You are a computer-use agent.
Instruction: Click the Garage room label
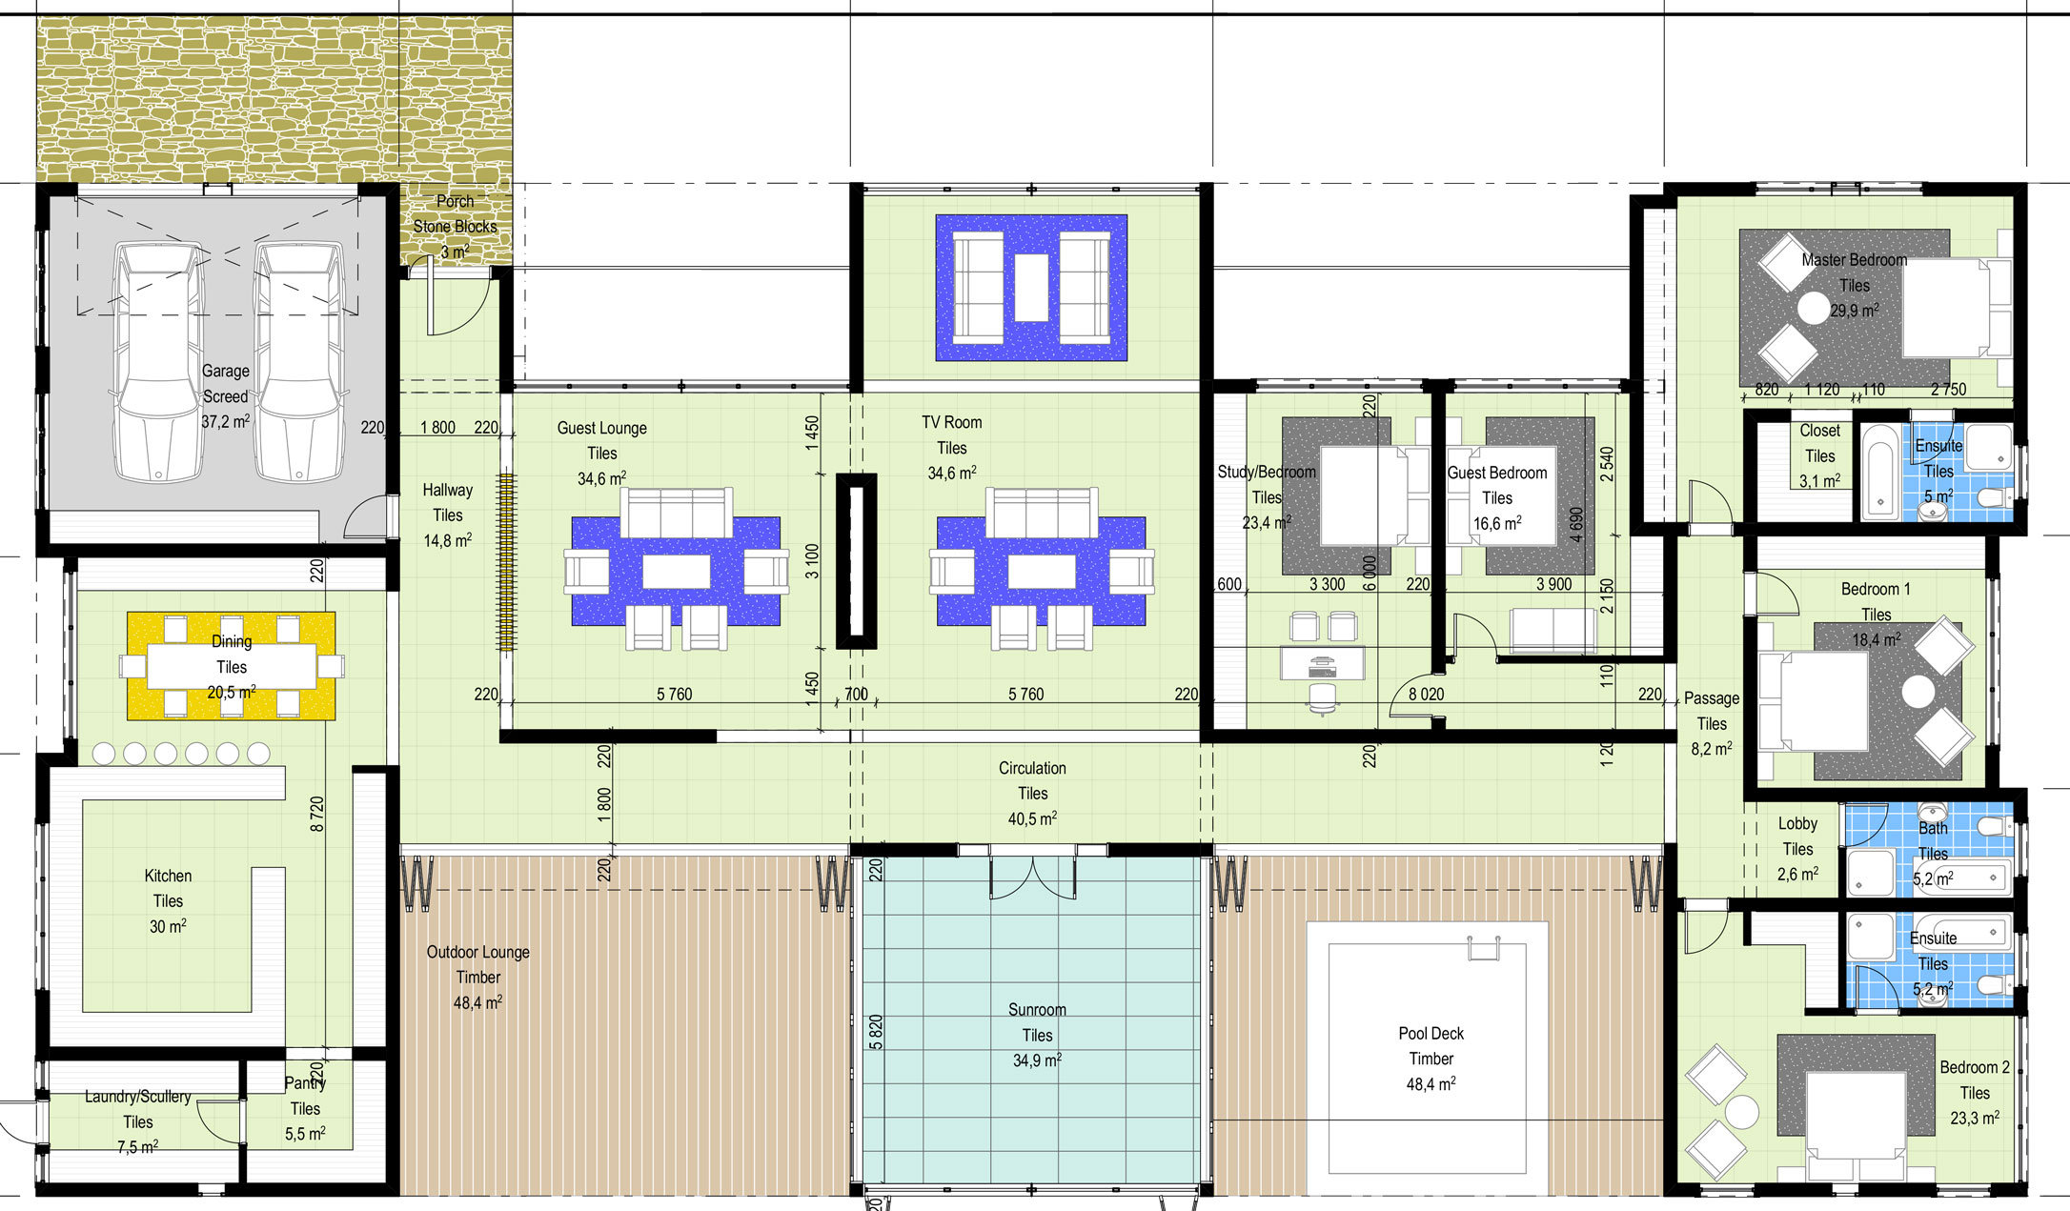[226, 371]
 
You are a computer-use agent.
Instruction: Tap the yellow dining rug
[232, 665]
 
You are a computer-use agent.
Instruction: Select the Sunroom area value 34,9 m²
[1037, 1060]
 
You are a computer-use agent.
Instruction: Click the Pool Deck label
[1431, 1033]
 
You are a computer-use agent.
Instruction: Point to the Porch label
[456, 201]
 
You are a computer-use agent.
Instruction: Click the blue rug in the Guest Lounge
[676, 571]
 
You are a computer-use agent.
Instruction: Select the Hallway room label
[448, 490]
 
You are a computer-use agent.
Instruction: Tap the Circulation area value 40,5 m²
[1033, 818]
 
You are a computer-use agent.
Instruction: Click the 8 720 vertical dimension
[317, 814]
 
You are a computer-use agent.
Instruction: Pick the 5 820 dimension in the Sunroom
[876, 1032]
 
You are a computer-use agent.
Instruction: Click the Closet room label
[1820, 430]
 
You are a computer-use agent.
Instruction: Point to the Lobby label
[1798, 823]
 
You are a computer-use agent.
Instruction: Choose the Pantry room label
[305, 1082]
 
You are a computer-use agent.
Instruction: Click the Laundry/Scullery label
[138, 1097]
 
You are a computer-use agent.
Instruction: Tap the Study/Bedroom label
[1267, 472]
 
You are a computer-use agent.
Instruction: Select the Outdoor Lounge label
[478, 952]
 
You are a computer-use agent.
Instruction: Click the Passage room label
[1712, 697]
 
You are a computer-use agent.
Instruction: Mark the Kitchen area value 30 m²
[168, 926]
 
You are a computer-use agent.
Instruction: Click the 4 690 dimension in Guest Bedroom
[1576, 525]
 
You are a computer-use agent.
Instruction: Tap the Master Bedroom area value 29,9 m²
[1855, 311]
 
